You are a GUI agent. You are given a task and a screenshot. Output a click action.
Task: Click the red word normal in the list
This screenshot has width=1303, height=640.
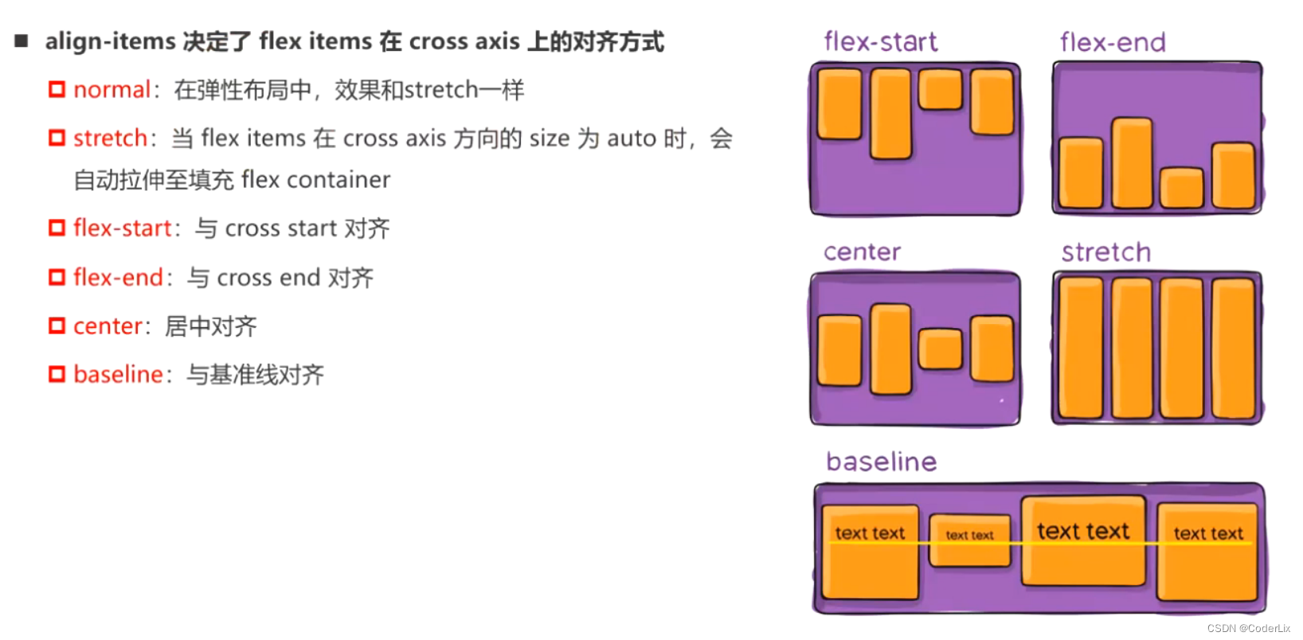pyautogui.click(x=112, y=90)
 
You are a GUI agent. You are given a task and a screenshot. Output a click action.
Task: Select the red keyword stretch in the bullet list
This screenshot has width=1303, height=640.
pyautogui.click(x=110, y=139)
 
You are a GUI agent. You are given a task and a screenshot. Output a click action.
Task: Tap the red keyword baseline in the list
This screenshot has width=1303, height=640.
pyautogui.click(x=118, y=374)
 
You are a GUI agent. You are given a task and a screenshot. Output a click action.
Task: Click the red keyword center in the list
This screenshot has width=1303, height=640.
pyautogui.click(x=108, y=326)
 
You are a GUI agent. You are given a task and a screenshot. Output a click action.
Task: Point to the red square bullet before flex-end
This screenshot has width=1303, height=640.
pyautogui.click(x=57, y=277)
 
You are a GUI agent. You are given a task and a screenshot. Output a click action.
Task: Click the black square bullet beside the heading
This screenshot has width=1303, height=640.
pyautogui.click(x=22, y=41)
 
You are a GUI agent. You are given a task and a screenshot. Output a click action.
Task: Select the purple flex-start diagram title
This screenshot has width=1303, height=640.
pyautogui.click(x=880, y=41)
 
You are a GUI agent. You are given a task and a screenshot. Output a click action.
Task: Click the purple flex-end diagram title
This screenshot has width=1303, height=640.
pyautogui.click(x=1113, y=42)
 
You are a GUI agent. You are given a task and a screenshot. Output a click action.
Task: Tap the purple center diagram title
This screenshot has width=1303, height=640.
pyautogui.click(x=862, y=252)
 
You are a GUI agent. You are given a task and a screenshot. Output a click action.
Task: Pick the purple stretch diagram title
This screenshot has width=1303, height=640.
pyautogui.click(x=1105, y=252)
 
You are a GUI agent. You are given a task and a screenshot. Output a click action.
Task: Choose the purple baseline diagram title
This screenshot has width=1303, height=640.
pyautogui.click(x=881, y=462)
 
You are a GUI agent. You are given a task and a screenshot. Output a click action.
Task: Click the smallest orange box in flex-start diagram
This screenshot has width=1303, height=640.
pyautogui.click(x=941, y=89)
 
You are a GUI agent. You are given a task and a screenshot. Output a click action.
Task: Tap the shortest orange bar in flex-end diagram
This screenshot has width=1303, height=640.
pyautogui.click(x=1181, y=188)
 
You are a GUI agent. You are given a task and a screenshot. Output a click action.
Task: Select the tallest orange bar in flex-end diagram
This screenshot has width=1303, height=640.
pyautogui.click(x=1132, y=163)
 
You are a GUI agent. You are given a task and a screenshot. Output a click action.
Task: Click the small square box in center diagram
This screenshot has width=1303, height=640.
pyautogui.click(x=941, y=349)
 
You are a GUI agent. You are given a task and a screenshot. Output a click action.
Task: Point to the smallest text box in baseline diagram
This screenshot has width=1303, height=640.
pyautogui.click(x=969, y=540)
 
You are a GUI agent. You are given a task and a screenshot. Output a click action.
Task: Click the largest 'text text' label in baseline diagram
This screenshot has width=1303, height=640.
pyautogui.click(x=1082, y=531)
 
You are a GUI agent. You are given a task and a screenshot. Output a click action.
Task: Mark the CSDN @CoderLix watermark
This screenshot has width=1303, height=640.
pyautogui.click(x=1248, y=629)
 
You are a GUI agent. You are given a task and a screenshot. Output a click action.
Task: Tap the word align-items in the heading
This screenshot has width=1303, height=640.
pyautogui.click(x=110, y=41)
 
